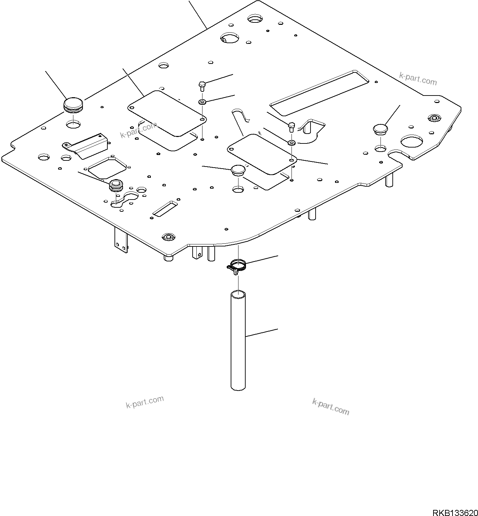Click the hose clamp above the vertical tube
pyautogui.click(x=237, y=265)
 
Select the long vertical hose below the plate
pyautogui.click(x=238, y=340)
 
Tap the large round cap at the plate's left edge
pyautogui.click(x=73, y=104)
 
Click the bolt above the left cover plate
pyautogui.click(x=202, y=86)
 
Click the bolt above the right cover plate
pyautogui.click(x=291, y=127)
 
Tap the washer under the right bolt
pyautogui.click(x=291, y=142)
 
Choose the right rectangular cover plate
pyautogui.click(x=262, y=154)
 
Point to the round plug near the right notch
pyautogui.click(x=380, y=130)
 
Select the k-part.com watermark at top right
pyautogui.click(x=418, y=80)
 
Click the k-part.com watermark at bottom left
pyautogui.click(x=145, y=402)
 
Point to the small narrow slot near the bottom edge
pyautogui.click(x=165, y=208)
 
